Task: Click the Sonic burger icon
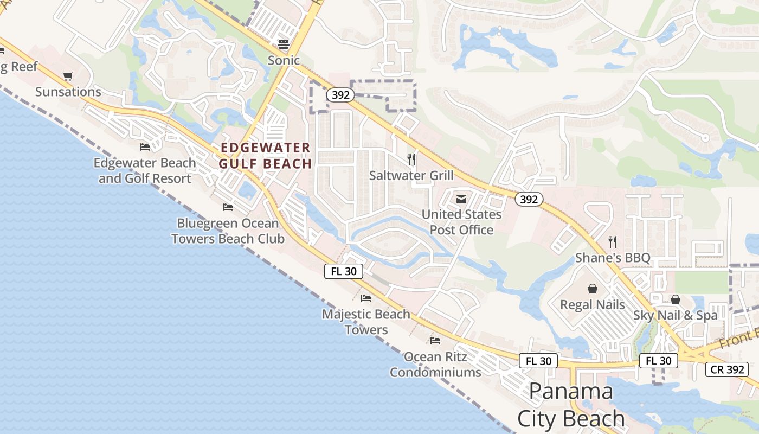[284, 44]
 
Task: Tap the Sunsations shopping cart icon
[68, 76]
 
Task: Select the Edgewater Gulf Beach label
[265, 156]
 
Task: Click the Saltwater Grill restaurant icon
[411, 159]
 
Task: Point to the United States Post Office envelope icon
[461, 199]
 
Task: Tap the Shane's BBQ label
[613, 258]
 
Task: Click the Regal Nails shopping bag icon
[592, 289]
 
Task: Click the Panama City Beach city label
[571, 405]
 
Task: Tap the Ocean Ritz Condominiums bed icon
[435, 341]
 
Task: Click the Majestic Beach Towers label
[366, 322]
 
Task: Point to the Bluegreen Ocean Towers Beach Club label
[228, 231]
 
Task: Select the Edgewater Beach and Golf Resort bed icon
[145, 147]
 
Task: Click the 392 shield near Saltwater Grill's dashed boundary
[340, 95]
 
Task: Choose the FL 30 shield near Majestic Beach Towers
[344, 271]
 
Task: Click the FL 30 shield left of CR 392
[659, 361]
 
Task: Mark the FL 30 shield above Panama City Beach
[538, 361]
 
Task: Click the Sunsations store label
[68, 92]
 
